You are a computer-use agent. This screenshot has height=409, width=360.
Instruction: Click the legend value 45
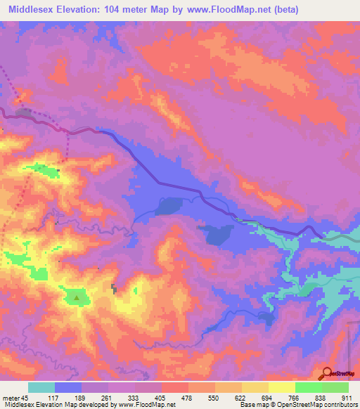click(26, 398)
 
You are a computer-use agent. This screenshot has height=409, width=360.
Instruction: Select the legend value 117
click(54, 398)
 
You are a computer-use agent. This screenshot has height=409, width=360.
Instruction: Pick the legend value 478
click(188, 398)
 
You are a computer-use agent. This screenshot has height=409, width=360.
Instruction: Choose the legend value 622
click(241, 398)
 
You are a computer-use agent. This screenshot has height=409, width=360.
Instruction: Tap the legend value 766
click(295, 398)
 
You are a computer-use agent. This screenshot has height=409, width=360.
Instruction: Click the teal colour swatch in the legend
click(41, 387)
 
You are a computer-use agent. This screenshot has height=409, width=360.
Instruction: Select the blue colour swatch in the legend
click(68, 387)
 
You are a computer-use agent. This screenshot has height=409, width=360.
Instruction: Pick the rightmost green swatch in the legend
click(335, 387)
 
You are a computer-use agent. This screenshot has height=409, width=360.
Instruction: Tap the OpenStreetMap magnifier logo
click(328, 373)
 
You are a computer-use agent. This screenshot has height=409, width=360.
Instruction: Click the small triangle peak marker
click(76, 297)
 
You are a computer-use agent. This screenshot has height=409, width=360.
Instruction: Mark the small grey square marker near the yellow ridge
click(114, 287)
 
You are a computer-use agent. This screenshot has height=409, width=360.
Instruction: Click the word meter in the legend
click(10, 398)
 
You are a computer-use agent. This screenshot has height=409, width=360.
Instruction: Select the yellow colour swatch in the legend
click(282, 387)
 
